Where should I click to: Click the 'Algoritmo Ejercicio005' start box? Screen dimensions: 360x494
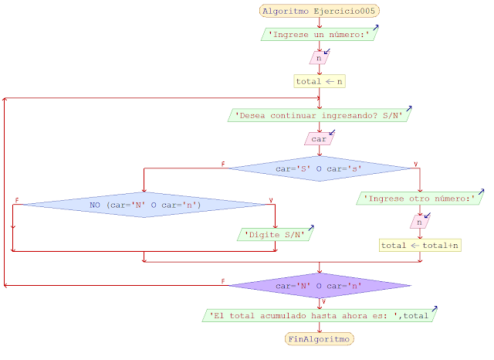point(320,11)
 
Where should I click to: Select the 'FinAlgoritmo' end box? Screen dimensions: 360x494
point(320,338)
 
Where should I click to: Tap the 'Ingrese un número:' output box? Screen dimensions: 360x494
point(320,35)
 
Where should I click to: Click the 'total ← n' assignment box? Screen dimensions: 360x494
point(320,81)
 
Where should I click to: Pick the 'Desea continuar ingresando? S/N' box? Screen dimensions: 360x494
point(320,116)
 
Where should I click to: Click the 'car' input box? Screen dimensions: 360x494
point(320,139)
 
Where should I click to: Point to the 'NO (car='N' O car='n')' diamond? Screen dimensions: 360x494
point(144,205)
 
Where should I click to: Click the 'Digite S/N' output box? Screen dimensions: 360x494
point(275,234)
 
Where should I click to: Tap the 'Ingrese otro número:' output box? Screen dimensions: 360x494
point(420,199)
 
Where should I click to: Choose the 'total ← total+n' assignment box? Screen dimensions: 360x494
point(420,245)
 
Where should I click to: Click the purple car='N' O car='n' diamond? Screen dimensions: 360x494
point(320,286)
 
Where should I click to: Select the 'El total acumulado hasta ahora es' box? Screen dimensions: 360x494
point(320,315)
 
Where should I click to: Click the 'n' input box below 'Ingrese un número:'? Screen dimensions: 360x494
point(319,58)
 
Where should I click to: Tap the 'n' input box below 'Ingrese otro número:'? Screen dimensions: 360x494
point(420,222)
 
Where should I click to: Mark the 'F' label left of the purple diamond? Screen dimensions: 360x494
point(223,281)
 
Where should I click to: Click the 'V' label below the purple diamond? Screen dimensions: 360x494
point(324,301)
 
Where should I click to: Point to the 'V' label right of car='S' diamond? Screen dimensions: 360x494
point(416,164)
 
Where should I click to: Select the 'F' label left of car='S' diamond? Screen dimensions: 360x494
point(223,164)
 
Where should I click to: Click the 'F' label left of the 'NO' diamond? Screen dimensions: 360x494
point(17,201)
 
